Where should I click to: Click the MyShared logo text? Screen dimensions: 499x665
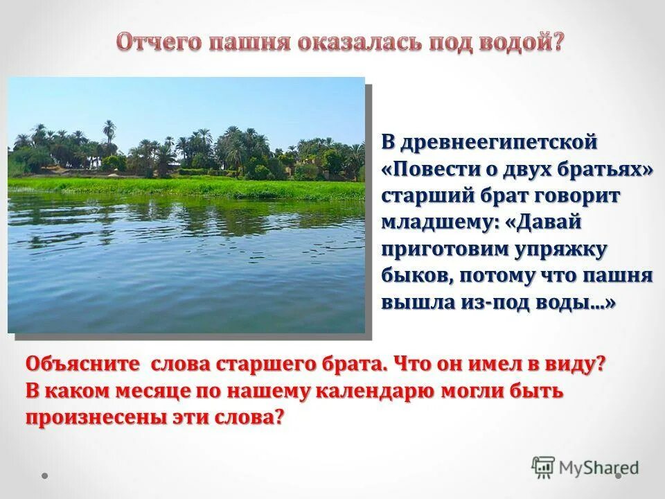(599, 468)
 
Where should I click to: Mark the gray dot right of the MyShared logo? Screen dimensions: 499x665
(619, 475)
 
